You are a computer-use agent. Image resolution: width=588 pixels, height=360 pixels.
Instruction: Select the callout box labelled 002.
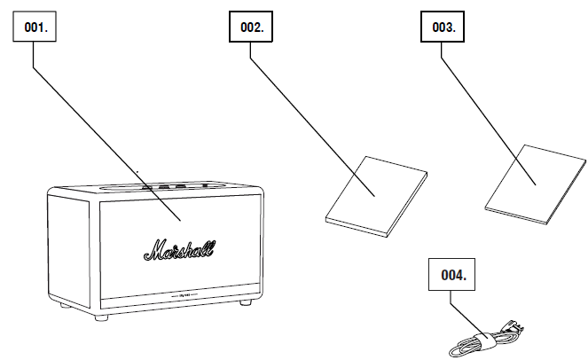[252, 27]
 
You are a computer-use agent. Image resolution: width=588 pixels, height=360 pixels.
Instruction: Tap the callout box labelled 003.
[443, 27]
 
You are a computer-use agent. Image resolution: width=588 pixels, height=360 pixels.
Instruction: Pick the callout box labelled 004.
[451, 275]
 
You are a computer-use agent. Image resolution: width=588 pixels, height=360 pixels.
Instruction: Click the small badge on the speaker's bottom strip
[187, 296]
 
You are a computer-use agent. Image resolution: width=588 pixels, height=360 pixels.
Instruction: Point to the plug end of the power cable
[512, 330]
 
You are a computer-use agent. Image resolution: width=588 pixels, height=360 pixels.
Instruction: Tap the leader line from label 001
[106, 133]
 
